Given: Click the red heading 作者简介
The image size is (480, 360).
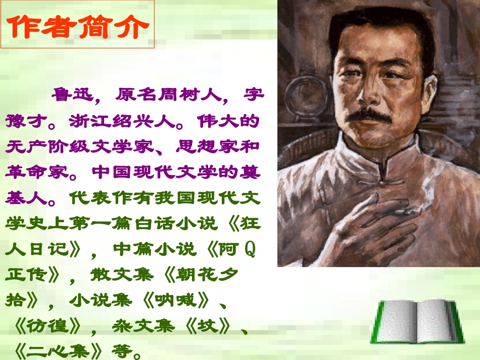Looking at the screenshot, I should [78, 26].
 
